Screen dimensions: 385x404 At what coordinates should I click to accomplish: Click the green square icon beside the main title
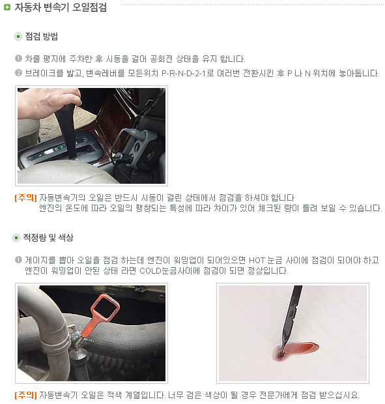(x=7, y=7)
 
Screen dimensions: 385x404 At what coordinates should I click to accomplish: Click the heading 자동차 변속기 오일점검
(x=61, y=7)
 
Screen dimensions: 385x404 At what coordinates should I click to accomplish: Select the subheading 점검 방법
(x=42, y=36)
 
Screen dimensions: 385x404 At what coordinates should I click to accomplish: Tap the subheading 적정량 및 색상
(x=48, y=238)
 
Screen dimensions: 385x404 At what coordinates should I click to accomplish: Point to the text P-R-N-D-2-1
(x=184, y=74)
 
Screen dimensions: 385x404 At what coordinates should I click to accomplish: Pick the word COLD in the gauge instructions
(x=150, y=271)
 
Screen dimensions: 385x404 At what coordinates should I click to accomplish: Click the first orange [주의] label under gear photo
(x=26, y=198)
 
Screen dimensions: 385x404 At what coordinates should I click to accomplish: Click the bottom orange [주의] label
(x=26, y=395)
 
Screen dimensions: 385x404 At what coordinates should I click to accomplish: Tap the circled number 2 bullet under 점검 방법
(x=18, y=73)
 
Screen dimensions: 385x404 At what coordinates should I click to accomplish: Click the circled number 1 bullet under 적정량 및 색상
(x=18, y=260)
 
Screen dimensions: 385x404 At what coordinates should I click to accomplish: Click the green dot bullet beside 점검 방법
(x=18, y=36)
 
